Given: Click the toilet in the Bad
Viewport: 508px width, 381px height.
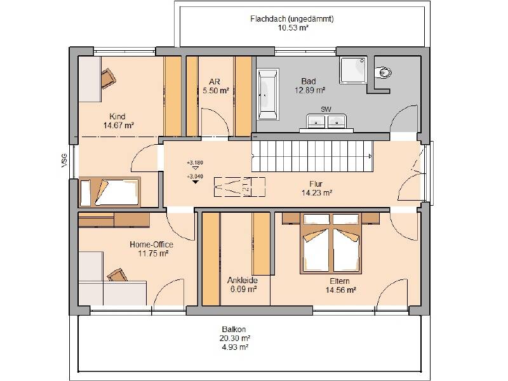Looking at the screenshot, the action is [383, 72].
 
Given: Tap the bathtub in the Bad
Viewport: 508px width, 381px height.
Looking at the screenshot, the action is [268, 93].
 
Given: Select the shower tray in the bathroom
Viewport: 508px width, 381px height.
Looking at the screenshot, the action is [353, 70].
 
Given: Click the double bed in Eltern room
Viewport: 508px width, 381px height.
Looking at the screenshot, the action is [331, 243].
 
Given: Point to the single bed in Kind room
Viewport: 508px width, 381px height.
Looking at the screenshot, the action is [110, 192].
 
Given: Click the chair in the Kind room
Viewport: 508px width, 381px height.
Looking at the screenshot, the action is [108, 78].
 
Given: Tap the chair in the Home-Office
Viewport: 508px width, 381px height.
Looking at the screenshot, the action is [117, 276].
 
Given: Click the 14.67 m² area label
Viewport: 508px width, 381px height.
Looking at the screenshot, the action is [119, 125].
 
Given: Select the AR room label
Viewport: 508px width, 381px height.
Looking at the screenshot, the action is [215, 82].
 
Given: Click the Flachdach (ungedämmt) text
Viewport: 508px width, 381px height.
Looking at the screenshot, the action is [292, 19].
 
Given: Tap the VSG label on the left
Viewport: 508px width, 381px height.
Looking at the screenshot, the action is [64, 161].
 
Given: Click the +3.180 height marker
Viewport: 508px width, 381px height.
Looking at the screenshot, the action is [195, 163].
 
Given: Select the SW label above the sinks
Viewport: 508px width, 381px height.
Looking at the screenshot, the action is [326, 109].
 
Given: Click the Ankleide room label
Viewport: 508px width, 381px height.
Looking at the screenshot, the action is [243, 280].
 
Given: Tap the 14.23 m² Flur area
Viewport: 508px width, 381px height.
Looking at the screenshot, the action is [317, 193].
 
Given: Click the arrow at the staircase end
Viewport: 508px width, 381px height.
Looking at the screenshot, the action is [370, 156].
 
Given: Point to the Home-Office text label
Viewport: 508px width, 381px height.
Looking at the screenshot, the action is [151, 244].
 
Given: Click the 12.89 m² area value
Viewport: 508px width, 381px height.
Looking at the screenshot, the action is [310, 90].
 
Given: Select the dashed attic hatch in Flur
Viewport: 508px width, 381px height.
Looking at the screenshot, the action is [239, 187].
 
